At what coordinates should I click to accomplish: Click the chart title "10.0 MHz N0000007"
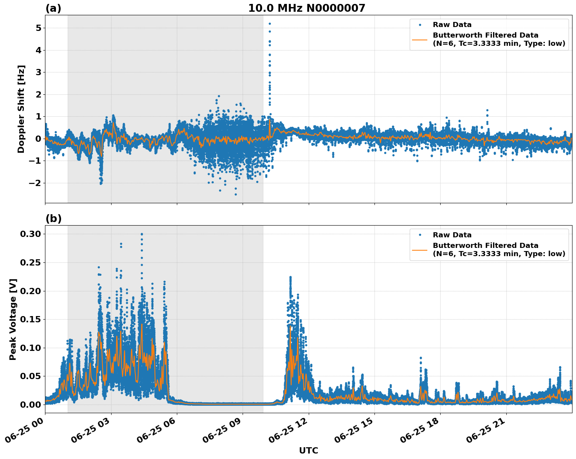pyautogui.click(x=306, y=8)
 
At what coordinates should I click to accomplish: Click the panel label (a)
pyautogui.click(x=53, y=8)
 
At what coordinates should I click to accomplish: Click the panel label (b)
pyautogui.click(x=53, y=219)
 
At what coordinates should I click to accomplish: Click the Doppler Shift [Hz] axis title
pyautogui.click(x=21, y=109)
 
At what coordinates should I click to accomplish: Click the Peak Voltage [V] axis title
pyautogui.click(x=13, y=319)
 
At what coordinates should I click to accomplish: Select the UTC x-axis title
pyautogui.click(x=308, y=450)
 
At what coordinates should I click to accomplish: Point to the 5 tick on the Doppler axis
pyautogui.click(x=38, y=28)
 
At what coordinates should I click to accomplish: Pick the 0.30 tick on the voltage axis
pyautogui.click(x=31, y=234)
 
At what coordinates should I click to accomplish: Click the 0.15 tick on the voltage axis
pyautogui.click(x=31, y=319)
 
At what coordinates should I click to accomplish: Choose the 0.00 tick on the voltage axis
pyautogui.click(x=31, y=405)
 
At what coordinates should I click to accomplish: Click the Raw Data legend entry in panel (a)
pyautogui.click(x=452, y=25)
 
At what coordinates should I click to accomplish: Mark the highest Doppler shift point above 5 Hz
pyautogui.click(x=270, y=23)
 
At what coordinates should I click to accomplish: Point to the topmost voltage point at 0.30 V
pyautogui.click(x=142, y=234)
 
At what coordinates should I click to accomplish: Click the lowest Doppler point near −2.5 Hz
pyautogui.click(x=236, y=194)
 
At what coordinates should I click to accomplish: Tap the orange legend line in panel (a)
pyautogui.click(x=420, y=40)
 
